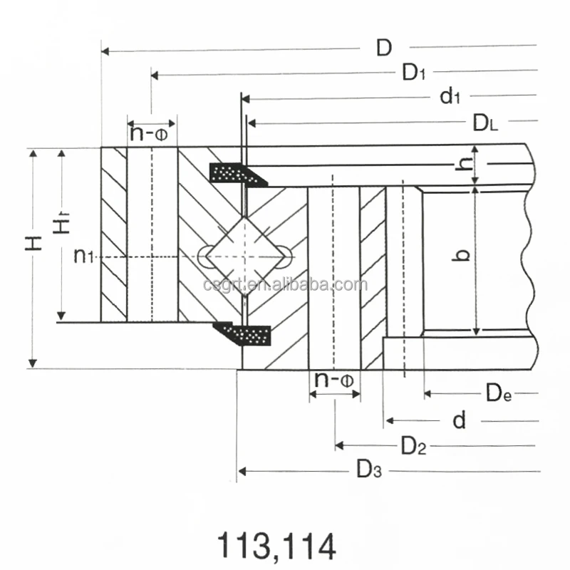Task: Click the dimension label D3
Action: coord(369,470)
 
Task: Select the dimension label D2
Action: coord(413,446)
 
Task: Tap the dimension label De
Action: coord(498,393)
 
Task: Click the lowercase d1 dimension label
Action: coord(450,96)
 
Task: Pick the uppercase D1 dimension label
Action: coord(414,72)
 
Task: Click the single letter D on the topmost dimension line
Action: coord(384,48)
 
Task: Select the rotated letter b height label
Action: coord(462,254)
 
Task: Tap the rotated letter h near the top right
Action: coord(464,165)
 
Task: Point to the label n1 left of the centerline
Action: coord(83,255)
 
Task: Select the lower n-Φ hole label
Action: coord(334,380)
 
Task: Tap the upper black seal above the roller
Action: coord(238,174)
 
